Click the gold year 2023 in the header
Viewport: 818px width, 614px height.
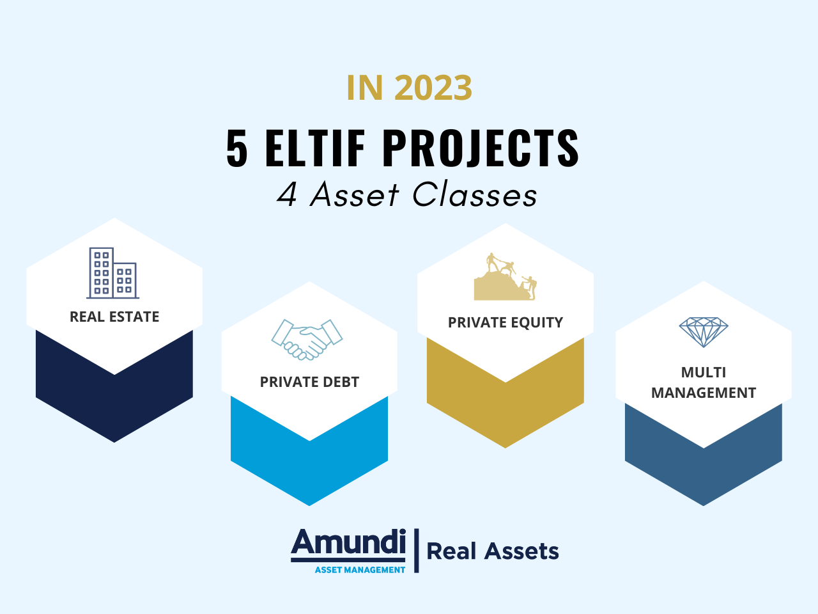(x=433, y=88)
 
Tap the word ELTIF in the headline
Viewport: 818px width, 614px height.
(x=314, y=148)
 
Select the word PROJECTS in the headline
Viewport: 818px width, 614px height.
(x=481, y=148)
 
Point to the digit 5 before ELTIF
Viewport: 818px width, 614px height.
(x=236, y=148)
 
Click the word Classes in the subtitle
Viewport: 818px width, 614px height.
(x=475, y=194)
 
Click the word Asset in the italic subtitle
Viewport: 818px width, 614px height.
(x=355, y=194)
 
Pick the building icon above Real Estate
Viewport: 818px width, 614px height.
(x=113, y=273)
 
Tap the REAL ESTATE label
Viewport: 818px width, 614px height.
(x=114, y=317)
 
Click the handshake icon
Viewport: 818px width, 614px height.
(x=307, y=339)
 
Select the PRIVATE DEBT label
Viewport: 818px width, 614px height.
(x=309, y=382)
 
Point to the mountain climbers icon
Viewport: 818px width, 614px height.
(x=505, y=276)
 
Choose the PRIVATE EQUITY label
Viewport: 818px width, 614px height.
(x=505, y=322)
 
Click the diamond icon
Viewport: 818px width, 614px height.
(x=703, y=332)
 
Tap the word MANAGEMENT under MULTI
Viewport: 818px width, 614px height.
(x=703, y=393)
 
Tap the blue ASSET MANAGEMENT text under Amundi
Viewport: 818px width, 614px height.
(x=360, y=570)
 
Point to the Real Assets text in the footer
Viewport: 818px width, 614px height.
(x=493, y=551)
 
